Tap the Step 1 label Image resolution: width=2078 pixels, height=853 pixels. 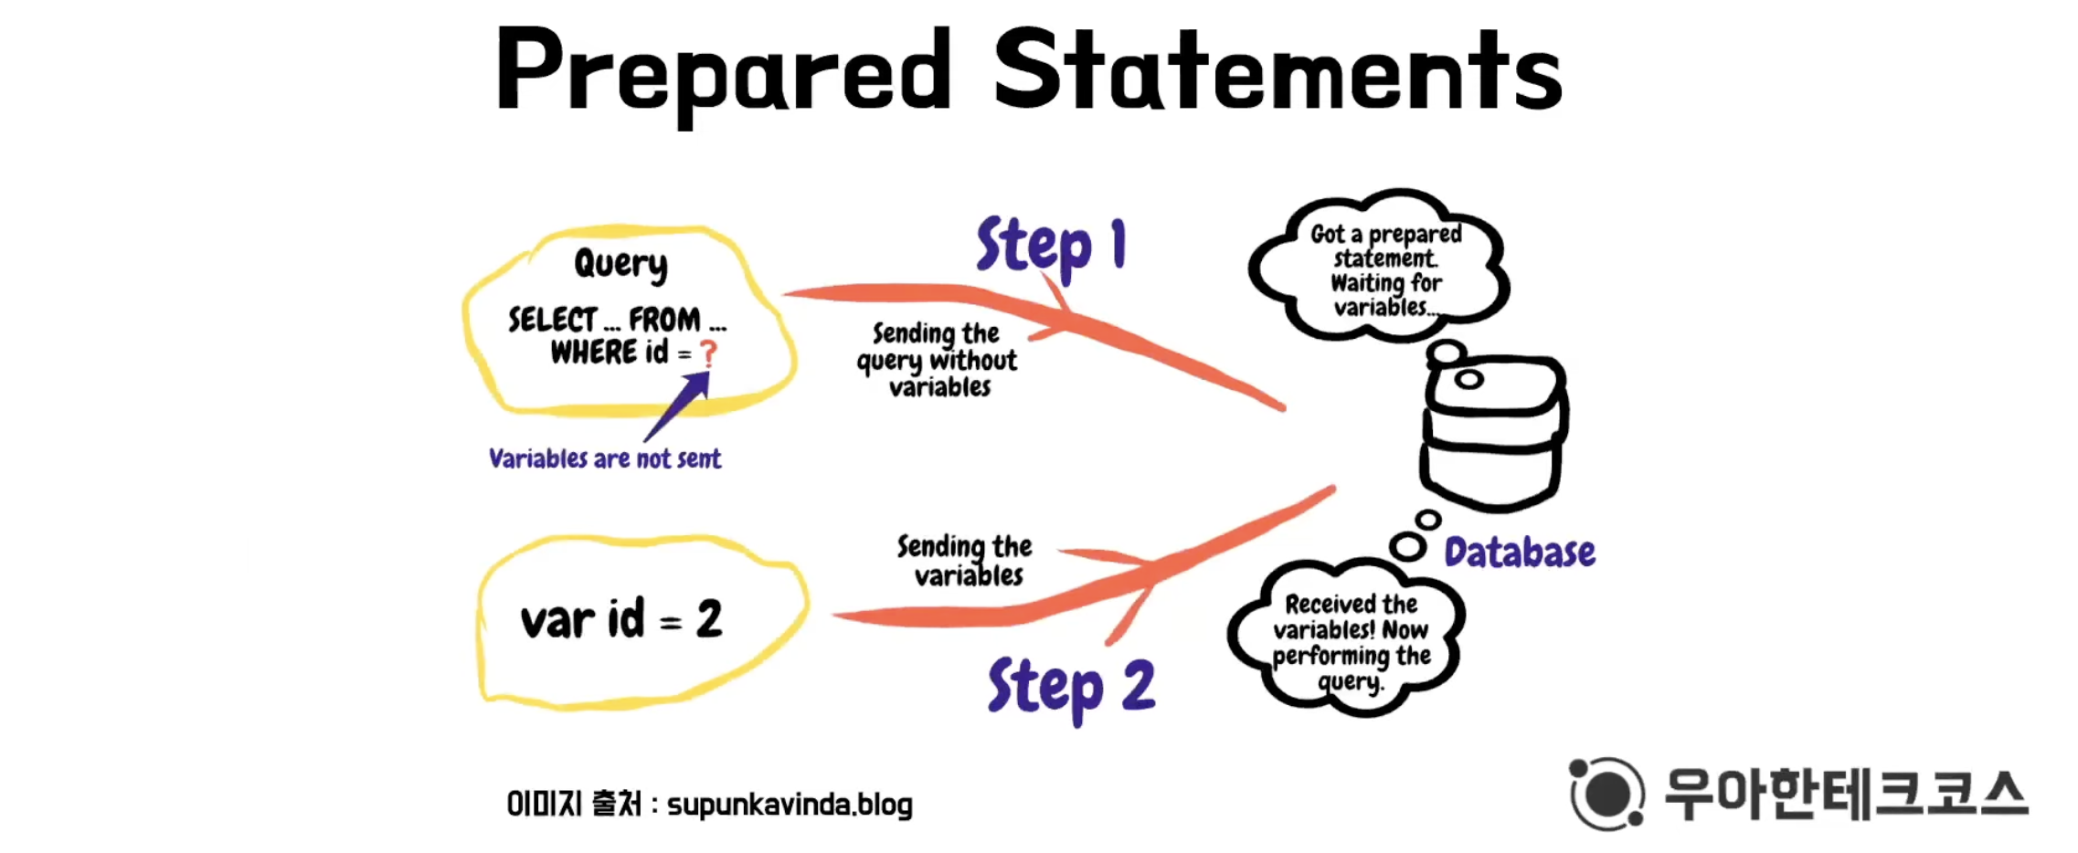point(1050,245)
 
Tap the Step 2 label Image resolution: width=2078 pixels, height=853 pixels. point(1071,687)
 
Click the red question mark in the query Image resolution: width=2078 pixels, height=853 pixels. point(708,353)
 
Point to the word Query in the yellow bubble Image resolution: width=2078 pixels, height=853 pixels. point(620,264)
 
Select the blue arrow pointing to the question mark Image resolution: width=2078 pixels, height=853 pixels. point(678,407)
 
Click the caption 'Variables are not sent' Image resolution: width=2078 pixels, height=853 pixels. point(605,458)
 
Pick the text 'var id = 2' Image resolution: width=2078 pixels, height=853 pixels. point(621,620)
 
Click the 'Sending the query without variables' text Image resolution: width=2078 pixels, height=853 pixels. point(938,360)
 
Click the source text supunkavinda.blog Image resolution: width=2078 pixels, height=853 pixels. point(790,805)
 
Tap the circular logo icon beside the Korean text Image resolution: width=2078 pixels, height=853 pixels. point(1606,793)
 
